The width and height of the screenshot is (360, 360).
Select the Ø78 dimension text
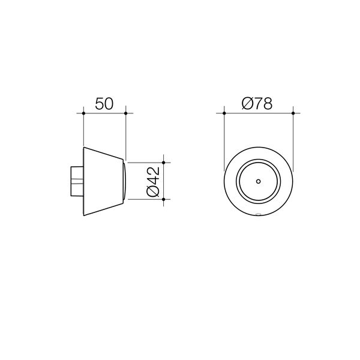click(x=257, y=103)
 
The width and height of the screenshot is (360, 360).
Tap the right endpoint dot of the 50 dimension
click(x=125, y=112)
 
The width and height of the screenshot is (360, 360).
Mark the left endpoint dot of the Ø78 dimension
click(x=224, y=112)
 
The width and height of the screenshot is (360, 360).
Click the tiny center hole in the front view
click(x=258, y=181)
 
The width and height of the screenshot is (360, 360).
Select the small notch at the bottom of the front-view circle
click(x=258, y=214)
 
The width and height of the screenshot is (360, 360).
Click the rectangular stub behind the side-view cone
click(x=76, y=181)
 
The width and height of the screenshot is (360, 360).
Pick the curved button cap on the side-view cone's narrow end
click(x=124, y=181)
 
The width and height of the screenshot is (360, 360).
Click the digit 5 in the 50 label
click(x=99, y=103)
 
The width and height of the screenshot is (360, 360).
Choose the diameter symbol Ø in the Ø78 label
click(x=247, y=103)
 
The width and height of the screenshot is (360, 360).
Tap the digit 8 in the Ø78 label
click(x=267, y=103)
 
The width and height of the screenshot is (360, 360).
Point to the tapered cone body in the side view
click(x=102, y=181)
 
